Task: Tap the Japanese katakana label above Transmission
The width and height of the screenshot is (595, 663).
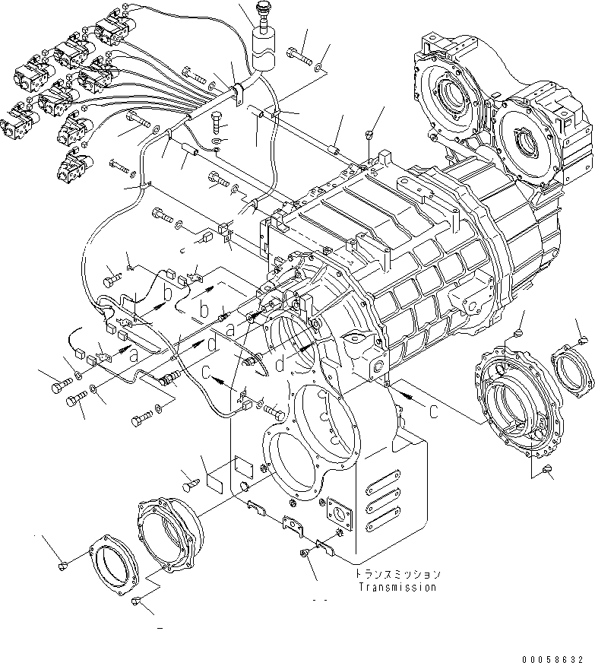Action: [396, 574]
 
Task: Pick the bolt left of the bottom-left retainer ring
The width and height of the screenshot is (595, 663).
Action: [64, 566]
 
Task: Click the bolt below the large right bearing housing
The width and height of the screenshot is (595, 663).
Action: [548, 471]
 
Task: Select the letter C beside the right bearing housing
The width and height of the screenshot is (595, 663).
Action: [432, 413]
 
